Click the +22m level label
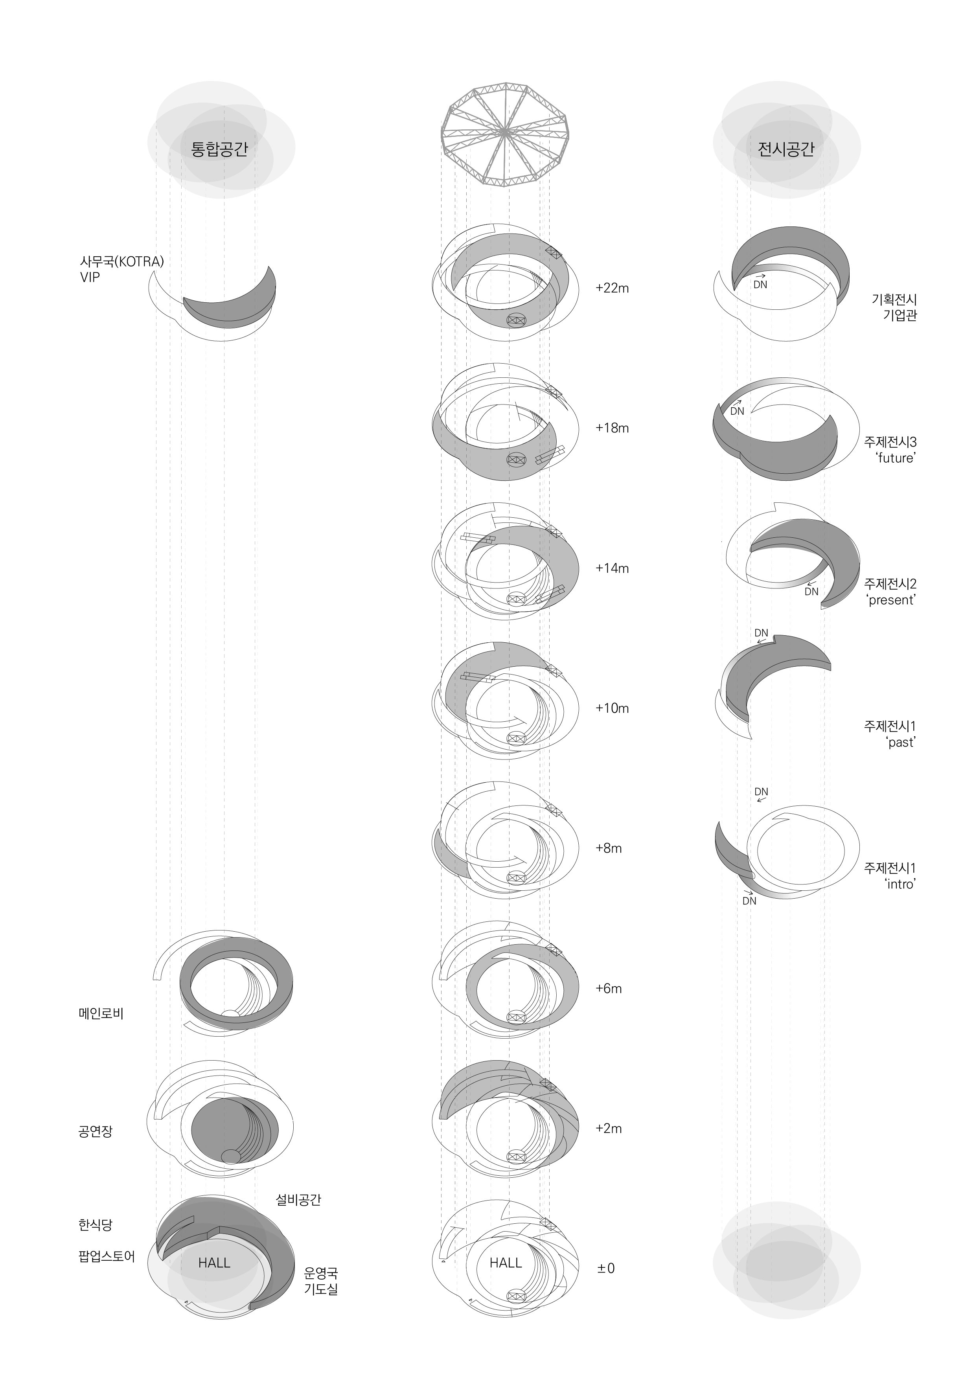coord(612,288)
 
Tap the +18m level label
coord(612,428)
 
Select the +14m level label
coord(612,568)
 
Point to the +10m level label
coord(612,708)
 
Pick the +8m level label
coord(609,848)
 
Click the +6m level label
coord(609,988)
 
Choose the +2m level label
coord(609,1128)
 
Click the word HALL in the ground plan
coord(506,1263)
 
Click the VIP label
coord(90,278)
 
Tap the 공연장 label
coord(95,1132)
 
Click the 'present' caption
coord(892,600)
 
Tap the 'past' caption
coord(901,742)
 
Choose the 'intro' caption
coord(900,884)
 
